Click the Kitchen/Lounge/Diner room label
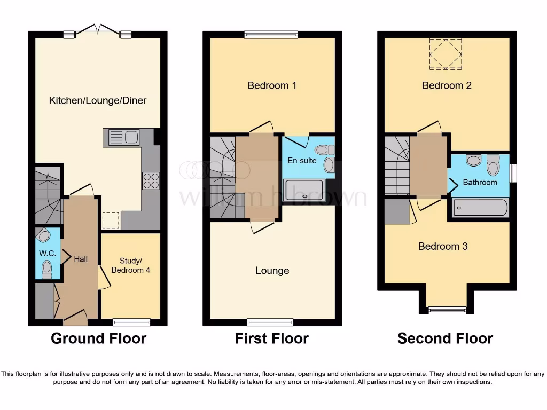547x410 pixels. tap(98, 100)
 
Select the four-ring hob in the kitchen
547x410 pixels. tap(151, 181)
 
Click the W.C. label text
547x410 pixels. tap(44, 253)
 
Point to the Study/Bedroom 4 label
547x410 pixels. tap(130, 265)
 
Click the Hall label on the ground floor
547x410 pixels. tap(81, 259)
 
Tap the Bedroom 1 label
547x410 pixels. tap(272, 85)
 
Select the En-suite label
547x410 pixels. tap(302, 160)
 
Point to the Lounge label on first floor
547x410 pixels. tap(272, 271)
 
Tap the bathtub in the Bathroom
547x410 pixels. tap(480, 208)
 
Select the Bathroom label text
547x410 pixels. tap(480, 182)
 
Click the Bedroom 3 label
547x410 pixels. tap(443, 246)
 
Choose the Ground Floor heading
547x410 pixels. tap(98, 338)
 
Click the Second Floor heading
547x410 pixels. tap(445, 338)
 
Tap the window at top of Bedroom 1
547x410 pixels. tap(271, 35)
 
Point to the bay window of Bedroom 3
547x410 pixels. tap(447, 310)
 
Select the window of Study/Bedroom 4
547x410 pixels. tap(131, 322)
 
